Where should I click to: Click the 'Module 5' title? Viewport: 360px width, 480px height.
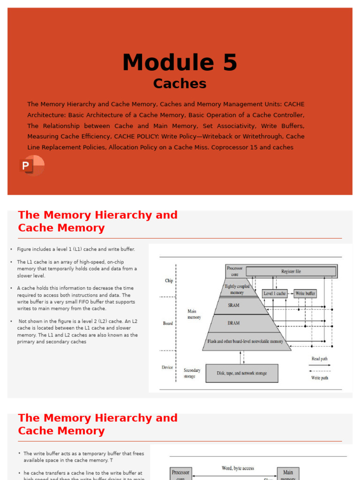pyautogui.click(x=180, y=62)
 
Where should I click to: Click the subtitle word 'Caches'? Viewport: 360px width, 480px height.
pyautogui.click(x=180, y=83)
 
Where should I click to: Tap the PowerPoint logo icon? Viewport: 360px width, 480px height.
pyautogui.click(x=32, y=165)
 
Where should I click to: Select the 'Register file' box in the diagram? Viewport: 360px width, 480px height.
pyautogui.click(x=291, y=271)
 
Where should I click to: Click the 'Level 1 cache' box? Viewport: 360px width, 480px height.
pyautogui.click(x=275, y=293)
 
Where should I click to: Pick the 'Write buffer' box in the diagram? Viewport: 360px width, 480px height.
pyautogui.click(x=305, y=293)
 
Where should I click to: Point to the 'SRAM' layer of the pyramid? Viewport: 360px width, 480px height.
pyautogui.click(x=233, y=305)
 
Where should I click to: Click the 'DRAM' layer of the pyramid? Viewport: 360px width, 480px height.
pyautogui.click(x=233, y=323)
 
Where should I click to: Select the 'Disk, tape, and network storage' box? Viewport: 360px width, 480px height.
pyautogui.click(x=241, y=373)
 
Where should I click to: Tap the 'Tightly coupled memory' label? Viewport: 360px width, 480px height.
pyautogui.click(x=237, y=289)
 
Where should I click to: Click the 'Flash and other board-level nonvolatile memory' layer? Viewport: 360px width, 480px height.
pyautogui.click(x=246, y=341)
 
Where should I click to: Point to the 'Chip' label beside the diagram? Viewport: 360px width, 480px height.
pyautogui.click(x=169, y=281)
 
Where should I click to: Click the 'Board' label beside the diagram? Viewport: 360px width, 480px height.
pyautogui.click(x=168, y=323)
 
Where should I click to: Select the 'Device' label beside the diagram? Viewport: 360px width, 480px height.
pyautogui.click(x=167, y=367)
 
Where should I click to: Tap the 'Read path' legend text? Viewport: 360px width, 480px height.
pyautogui.click(x=320, y=359)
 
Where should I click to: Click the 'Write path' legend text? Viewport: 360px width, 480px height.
pyautogui.click(x=320, y=378)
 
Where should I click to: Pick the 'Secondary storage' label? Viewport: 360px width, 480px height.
pyautogui.click(x=192, y=373)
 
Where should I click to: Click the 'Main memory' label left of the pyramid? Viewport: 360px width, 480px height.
pyautogui.click(x=194, y=314)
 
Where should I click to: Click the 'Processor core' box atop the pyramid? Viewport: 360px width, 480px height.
pyautogui.click(x=235, y=270)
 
